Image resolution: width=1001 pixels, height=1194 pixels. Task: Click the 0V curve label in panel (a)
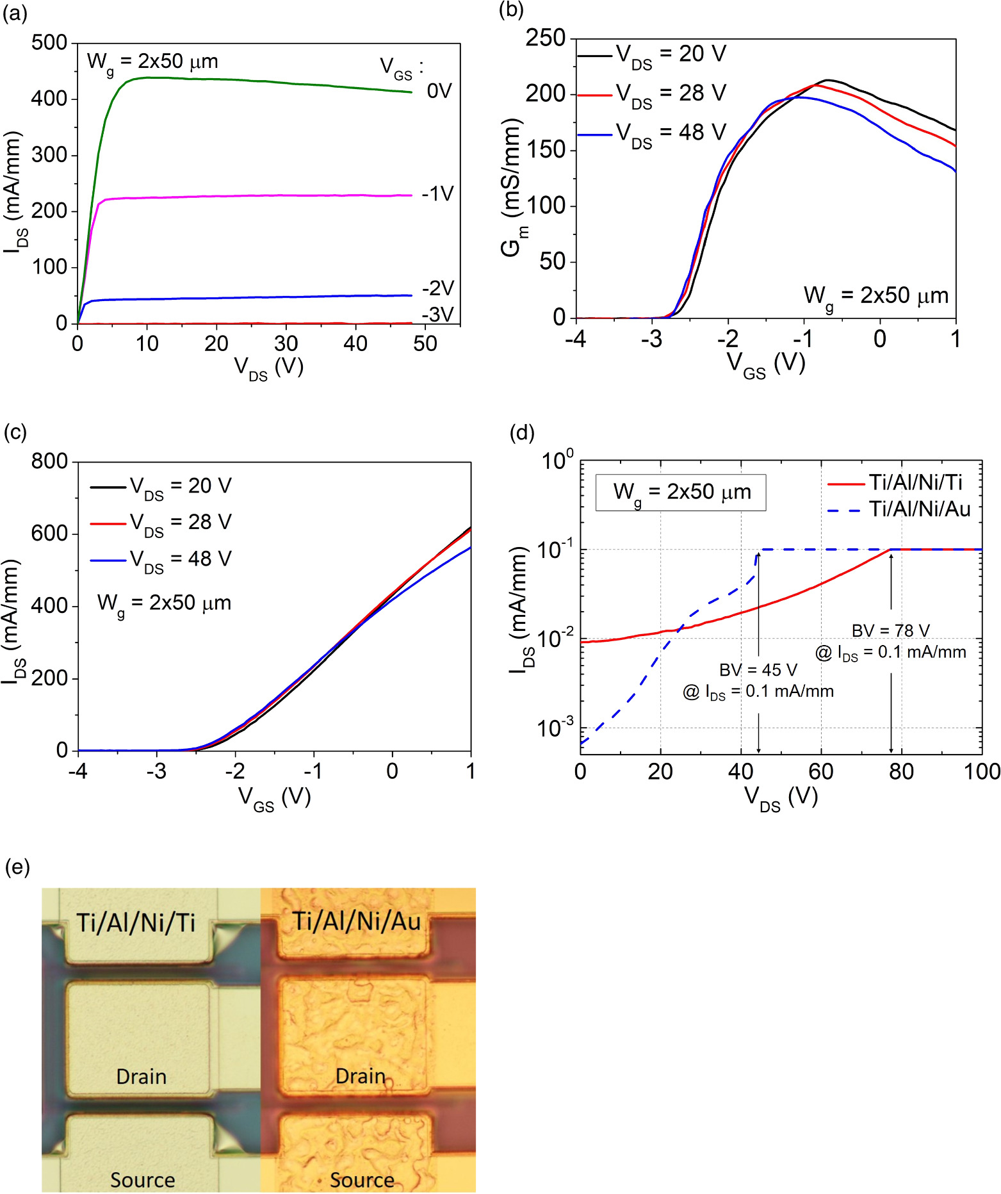click(x=439, y=91)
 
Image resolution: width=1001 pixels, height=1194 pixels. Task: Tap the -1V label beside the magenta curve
click(x=438, y=193)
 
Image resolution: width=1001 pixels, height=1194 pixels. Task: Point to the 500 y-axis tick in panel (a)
click(x=49, y=43)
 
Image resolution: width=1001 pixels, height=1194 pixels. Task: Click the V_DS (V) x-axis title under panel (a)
click(x=268, y=368)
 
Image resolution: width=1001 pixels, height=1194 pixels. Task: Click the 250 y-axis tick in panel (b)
click(x=546, y=38)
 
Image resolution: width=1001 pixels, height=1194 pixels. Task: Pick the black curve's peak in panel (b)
click(x=827, y=80)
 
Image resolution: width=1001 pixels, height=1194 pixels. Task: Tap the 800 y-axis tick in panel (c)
click(x=49, y=461)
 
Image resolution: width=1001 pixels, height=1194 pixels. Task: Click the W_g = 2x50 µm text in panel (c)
click(x=164, y=603)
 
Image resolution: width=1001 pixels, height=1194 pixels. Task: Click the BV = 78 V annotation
click(x=890, y=631)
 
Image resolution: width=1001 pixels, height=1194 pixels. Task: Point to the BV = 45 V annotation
click(x=758, y=670)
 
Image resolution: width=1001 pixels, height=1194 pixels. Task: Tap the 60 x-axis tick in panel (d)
click(x=821, y=772)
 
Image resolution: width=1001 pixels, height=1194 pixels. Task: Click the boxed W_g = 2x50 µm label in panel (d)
click(x=681, y=493)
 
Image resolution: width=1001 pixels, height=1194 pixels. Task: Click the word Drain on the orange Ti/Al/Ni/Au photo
click(x=361, y=1076)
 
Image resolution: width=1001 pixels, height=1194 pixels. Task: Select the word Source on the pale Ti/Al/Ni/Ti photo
click(x=142, y=1180)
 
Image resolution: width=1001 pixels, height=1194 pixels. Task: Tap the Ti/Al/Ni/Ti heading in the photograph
click(x=136, y=923)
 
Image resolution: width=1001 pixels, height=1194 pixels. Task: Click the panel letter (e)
click(x=17, y=867)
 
